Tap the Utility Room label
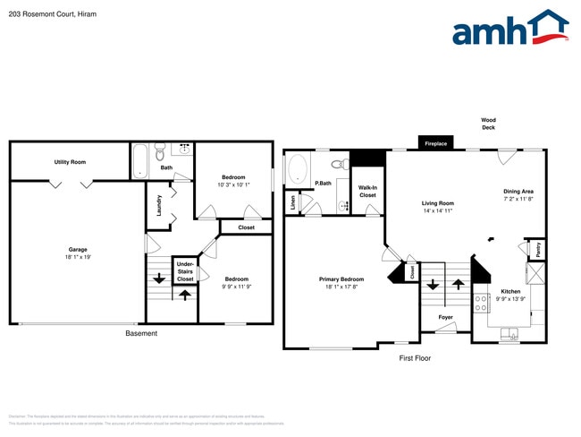tap(70, 162)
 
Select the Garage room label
tap(78, 253)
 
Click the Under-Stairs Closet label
tap(185, 272)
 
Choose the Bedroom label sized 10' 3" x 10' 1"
tap(233, 181)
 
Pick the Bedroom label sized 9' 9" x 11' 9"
tap(236, 282)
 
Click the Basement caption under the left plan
tap(140, 333)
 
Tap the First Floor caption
tap(415, 357)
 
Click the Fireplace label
tap(435, 143)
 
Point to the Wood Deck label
tap(488, 124)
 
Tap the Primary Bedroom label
tap(341, 283)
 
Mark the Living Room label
tap(438, 207)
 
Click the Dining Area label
tap(518, 195)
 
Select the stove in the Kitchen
tap(481, 303)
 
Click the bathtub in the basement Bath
tap(141, 161)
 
